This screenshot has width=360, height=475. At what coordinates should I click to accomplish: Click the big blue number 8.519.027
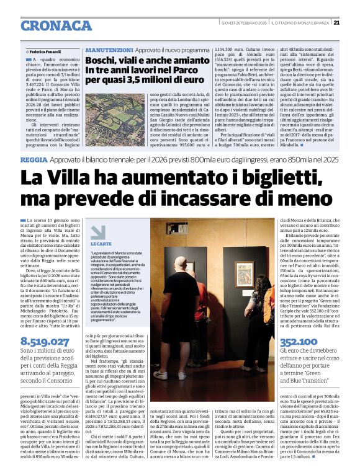pos(45,342)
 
